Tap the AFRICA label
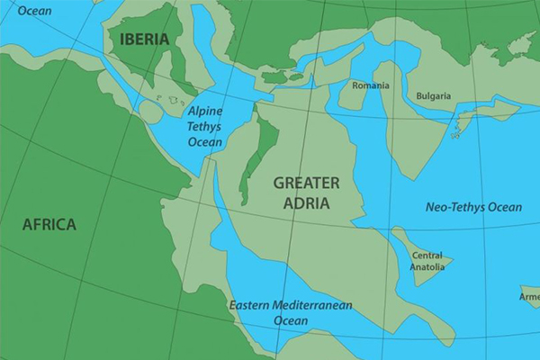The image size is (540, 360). (x=49, y=224)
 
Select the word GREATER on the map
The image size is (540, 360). (x=306, y=184)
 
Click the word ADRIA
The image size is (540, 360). (x=306, y=202)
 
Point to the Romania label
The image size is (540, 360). (x=371, y=85)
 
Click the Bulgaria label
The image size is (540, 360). (x=434, y=96)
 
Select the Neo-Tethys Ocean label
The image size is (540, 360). (x=473, y=208)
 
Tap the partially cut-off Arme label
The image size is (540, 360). (x=529, y=295)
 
